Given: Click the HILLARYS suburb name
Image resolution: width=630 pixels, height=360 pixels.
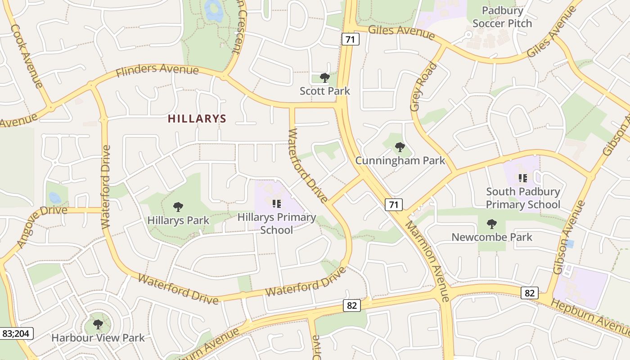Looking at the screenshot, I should (197, 119).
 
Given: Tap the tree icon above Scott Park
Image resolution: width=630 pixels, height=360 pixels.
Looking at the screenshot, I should (324, 78).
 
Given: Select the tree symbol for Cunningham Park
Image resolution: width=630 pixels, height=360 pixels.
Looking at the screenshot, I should (400, 147).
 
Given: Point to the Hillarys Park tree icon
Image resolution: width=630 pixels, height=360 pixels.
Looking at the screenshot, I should (178, 207).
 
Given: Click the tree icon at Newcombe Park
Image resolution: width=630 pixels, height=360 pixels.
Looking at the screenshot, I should (492, 224).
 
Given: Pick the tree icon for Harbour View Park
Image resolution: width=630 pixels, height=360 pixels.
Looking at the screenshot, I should (98, 324).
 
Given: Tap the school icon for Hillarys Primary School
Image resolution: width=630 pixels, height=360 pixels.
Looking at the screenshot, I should (276, 203).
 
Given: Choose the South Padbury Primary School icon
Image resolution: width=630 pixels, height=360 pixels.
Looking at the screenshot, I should (522, 178).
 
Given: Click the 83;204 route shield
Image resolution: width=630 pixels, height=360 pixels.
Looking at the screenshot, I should (16, 333).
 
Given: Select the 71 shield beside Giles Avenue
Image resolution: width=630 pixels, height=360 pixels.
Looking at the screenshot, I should (351, 39).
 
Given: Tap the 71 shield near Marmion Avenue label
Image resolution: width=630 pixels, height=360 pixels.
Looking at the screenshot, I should (394, 205).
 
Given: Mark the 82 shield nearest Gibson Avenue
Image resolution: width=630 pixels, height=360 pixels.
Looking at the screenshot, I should (530, 293).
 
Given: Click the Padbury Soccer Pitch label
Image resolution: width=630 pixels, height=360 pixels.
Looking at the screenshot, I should (502, 17).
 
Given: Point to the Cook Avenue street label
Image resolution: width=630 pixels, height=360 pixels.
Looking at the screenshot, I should (27, 56).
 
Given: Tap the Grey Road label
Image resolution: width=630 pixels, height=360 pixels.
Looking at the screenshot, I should (423, 87).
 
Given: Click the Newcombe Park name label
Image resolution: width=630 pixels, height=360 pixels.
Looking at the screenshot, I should (492, 237).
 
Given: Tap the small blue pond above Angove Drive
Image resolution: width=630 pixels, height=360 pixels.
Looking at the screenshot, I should (54, 197).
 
